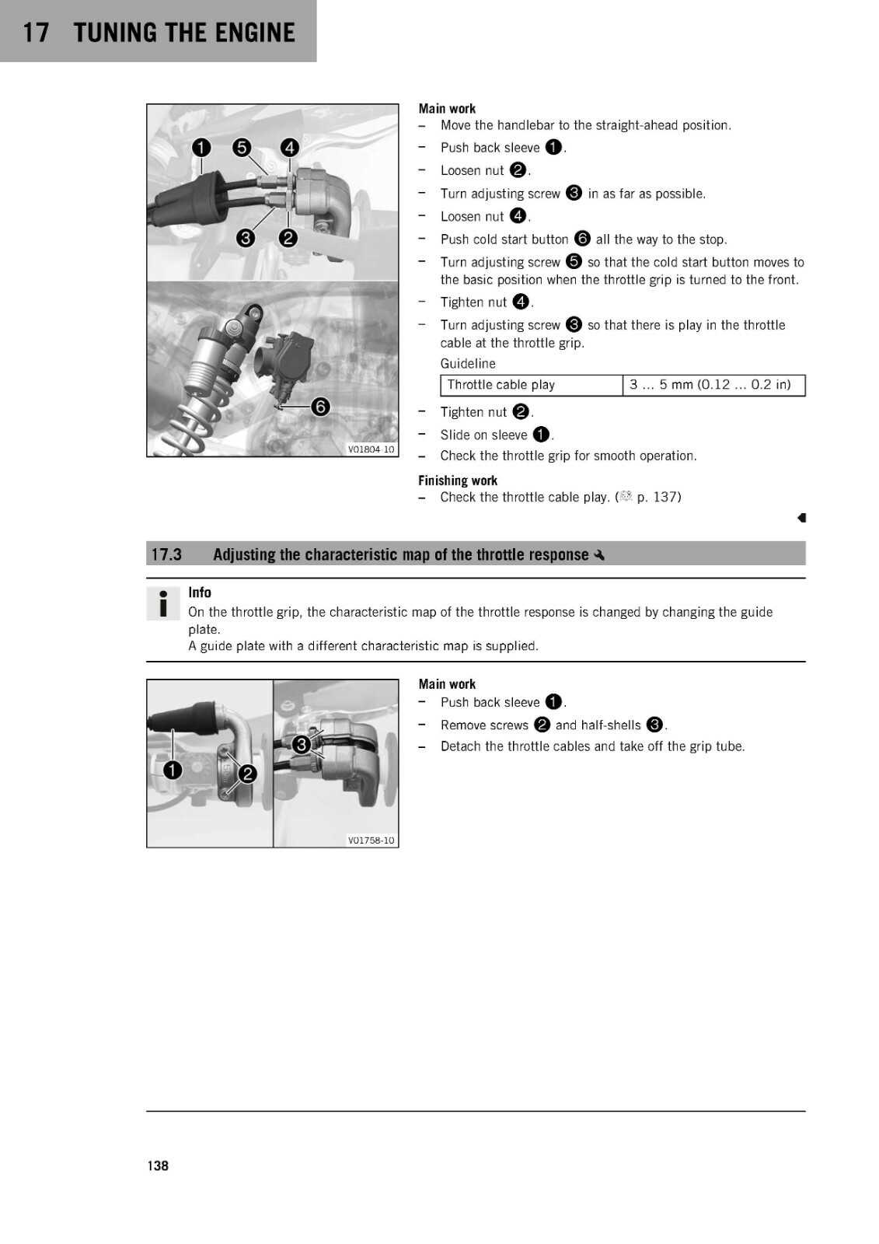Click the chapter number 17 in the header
(x=36, y=32)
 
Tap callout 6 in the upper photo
(x=320, y=407)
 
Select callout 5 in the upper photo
(x=242, y=147)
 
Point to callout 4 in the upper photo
(x=289, y=147)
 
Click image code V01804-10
(x=371, y=449)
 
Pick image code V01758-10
(x=371, y=840)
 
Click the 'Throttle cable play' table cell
(x=532, y=385)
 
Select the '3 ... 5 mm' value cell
(x=713, y=385)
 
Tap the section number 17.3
(x=166, y=554)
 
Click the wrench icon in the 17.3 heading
(x=599, y=554)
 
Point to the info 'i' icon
(x=163, y=603)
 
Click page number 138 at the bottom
(x=158, y=1165)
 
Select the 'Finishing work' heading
(x=458, y=480)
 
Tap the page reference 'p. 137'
(x=658, y=497)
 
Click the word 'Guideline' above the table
(x=468, y=364)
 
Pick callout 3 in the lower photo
(x=301, y=744)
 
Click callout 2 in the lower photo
(x=247, y=774)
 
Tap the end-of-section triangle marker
(x=801, y=518)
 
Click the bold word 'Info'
(x=199, y=592)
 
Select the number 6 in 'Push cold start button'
(x=582, y=239)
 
